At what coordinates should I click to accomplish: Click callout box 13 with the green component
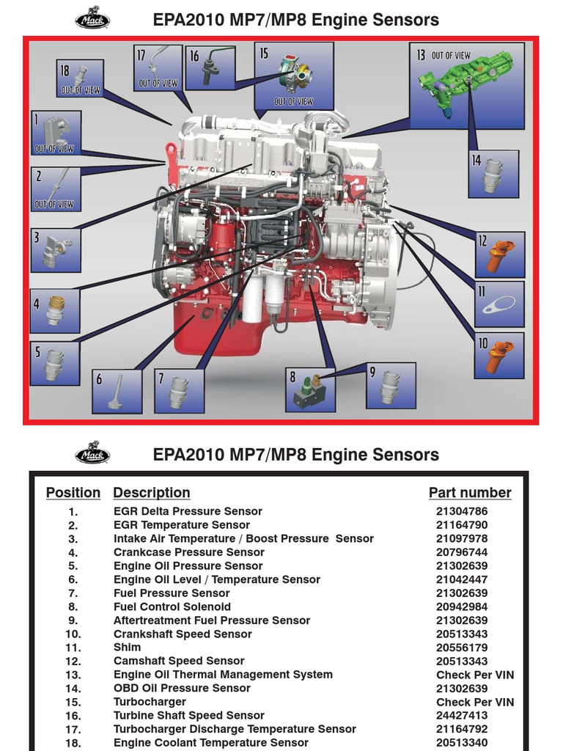click(x=467, y=86)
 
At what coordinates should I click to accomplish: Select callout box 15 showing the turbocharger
click(x=294, y=75)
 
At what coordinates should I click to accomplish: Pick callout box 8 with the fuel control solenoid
click(x=310, y=389)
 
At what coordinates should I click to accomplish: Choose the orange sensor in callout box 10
click(x=501, y=356)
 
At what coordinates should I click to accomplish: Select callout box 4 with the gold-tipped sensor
click(x=55, y=310)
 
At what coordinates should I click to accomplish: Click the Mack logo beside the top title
click(x=92, y=18)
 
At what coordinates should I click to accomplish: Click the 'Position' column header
click(x=73, y=493)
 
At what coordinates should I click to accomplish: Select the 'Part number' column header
click(x=470, y=493)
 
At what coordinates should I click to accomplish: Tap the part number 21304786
click(x=462, y=511)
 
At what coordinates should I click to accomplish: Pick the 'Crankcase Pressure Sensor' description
click(x=188, y=552)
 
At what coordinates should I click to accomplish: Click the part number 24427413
click(x=462, y=716)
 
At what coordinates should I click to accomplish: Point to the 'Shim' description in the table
click(x=127, y=648)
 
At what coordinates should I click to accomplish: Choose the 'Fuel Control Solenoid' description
click(x=172, y=607)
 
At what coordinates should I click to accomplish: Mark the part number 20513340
click(x=462, y=743)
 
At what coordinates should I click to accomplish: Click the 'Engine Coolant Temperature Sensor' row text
click(x=210, y=743)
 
